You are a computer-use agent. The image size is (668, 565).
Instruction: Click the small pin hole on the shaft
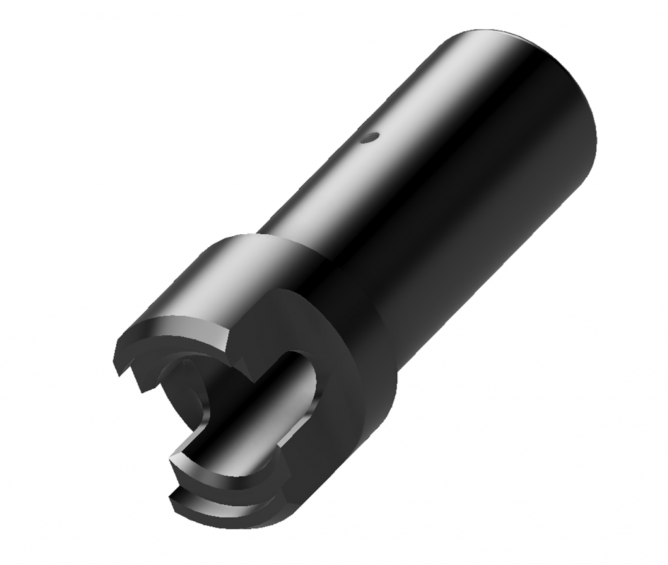[x=371, y=137]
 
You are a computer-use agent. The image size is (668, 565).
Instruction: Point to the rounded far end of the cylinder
[x=574, y=98]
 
